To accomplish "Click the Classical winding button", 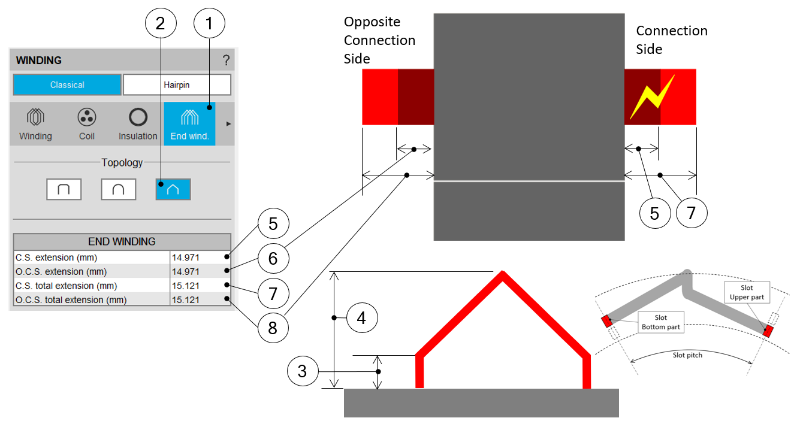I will (67, 85).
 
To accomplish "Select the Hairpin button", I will (177, 85).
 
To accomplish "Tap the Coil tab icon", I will (87, 123).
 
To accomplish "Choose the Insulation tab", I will (138, 123).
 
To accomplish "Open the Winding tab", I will (35, 123).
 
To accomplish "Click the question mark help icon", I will (226, 60).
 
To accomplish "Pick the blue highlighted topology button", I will (173, 189).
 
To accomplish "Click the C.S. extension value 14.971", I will (185, 258).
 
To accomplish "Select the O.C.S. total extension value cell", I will (185, 299).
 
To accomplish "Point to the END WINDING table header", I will (122, 242).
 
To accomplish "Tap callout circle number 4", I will (361, 317).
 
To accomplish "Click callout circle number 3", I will (303, 371).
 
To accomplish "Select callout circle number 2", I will (161, 24).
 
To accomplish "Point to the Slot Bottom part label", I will (661, 322).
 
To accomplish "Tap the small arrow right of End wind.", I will (228, 123).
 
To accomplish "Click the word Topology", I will (122, 162).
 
